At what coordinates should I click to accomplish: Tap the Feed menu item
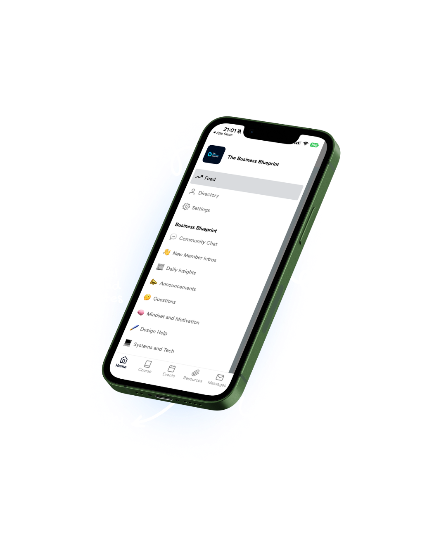pyautogui.click(x=210, y=179)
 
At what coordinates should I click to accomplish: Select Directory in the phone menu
pyautogui.click(x=208, y=194)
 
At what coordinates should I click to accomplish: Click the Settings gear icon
pyautogui.click(x=186, y=206)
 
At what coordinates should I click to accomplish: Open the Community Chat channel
pyautogui.click(x=198, y=241)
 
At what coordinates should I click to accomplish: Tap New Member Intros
pyautogui.click(x=194, y=257)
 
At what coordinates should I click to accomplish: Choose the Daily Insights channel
pyautogui.click(x=181, y=271)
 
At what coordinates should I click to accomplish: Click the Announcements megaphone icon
pyautogui.click(x=153, y=282)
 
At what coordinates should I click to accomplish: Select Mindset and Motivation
pyautogui.click(x=173, y=318)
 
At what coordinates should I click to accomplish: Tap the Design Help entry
pyautogui.click(x=153, y=331)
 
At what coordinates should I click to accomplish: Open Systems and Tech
pyautogui.click(x=153, y=348)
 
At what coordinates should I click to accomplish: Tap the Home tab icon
pyautogui.click(x=123, y=360)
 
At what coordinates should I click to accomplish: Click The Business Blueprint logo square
pyautogui.click(x=214, y=155)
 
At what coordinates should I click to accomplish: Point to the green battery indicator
pyautogui.click(x=314, y=145)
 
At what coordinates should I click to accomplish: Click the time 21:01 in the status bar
pyautogui.click(x=230, y=130)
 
